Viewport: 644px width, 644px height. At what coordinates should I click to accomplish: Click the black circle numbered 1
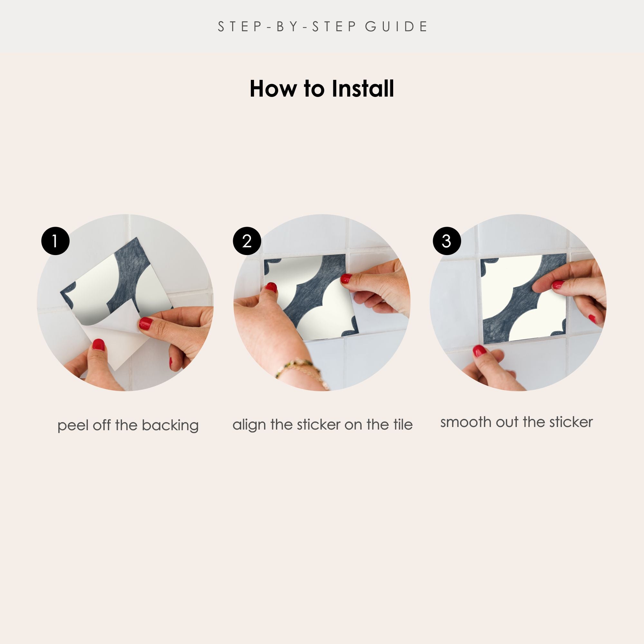pyautogui.click(x=55, y=241)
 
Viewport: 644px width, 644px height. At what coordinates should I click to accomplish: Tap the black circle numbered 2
pyautogui.click(x=247, y=241)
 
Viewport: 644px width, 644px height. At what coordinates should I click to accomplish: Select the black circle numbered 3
pyautogui.click(x=447, y=241)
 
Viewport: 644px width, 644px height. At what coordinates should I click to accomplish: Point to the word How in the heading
pyautogui.click(x=273, y=89)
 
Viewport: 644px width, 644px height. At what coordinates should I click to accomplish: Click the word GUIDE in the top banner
pyautogui.click(x=396, y=27)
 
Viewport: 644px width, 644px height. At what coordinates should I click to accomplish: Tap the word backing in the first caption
pyautogui.click(x=170, y=425)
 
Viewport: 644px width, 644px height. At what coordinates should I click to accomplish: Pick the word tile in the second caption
pyautogui.click(x=403, y=424)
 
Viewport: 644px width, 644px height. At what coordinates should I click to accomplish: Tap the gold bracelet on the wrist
pyautogui.click(x=302, y=370)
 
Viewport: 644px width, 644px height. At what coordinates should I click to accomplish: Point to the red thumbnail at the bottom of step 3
pyautogui.click(x=480, y=351)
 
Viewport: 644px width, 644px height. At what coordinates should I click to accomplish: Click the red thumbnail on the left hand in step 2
pyautogui.click(x=271, y=287)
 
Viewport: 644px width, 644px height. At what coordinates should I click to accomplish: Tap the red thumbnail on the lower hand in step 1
pyautogui.click(x=98, y=345)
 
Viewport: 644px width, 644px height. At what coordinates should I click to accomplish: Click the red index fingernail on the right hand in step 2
pyautogui.click(x=346, y=278)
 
